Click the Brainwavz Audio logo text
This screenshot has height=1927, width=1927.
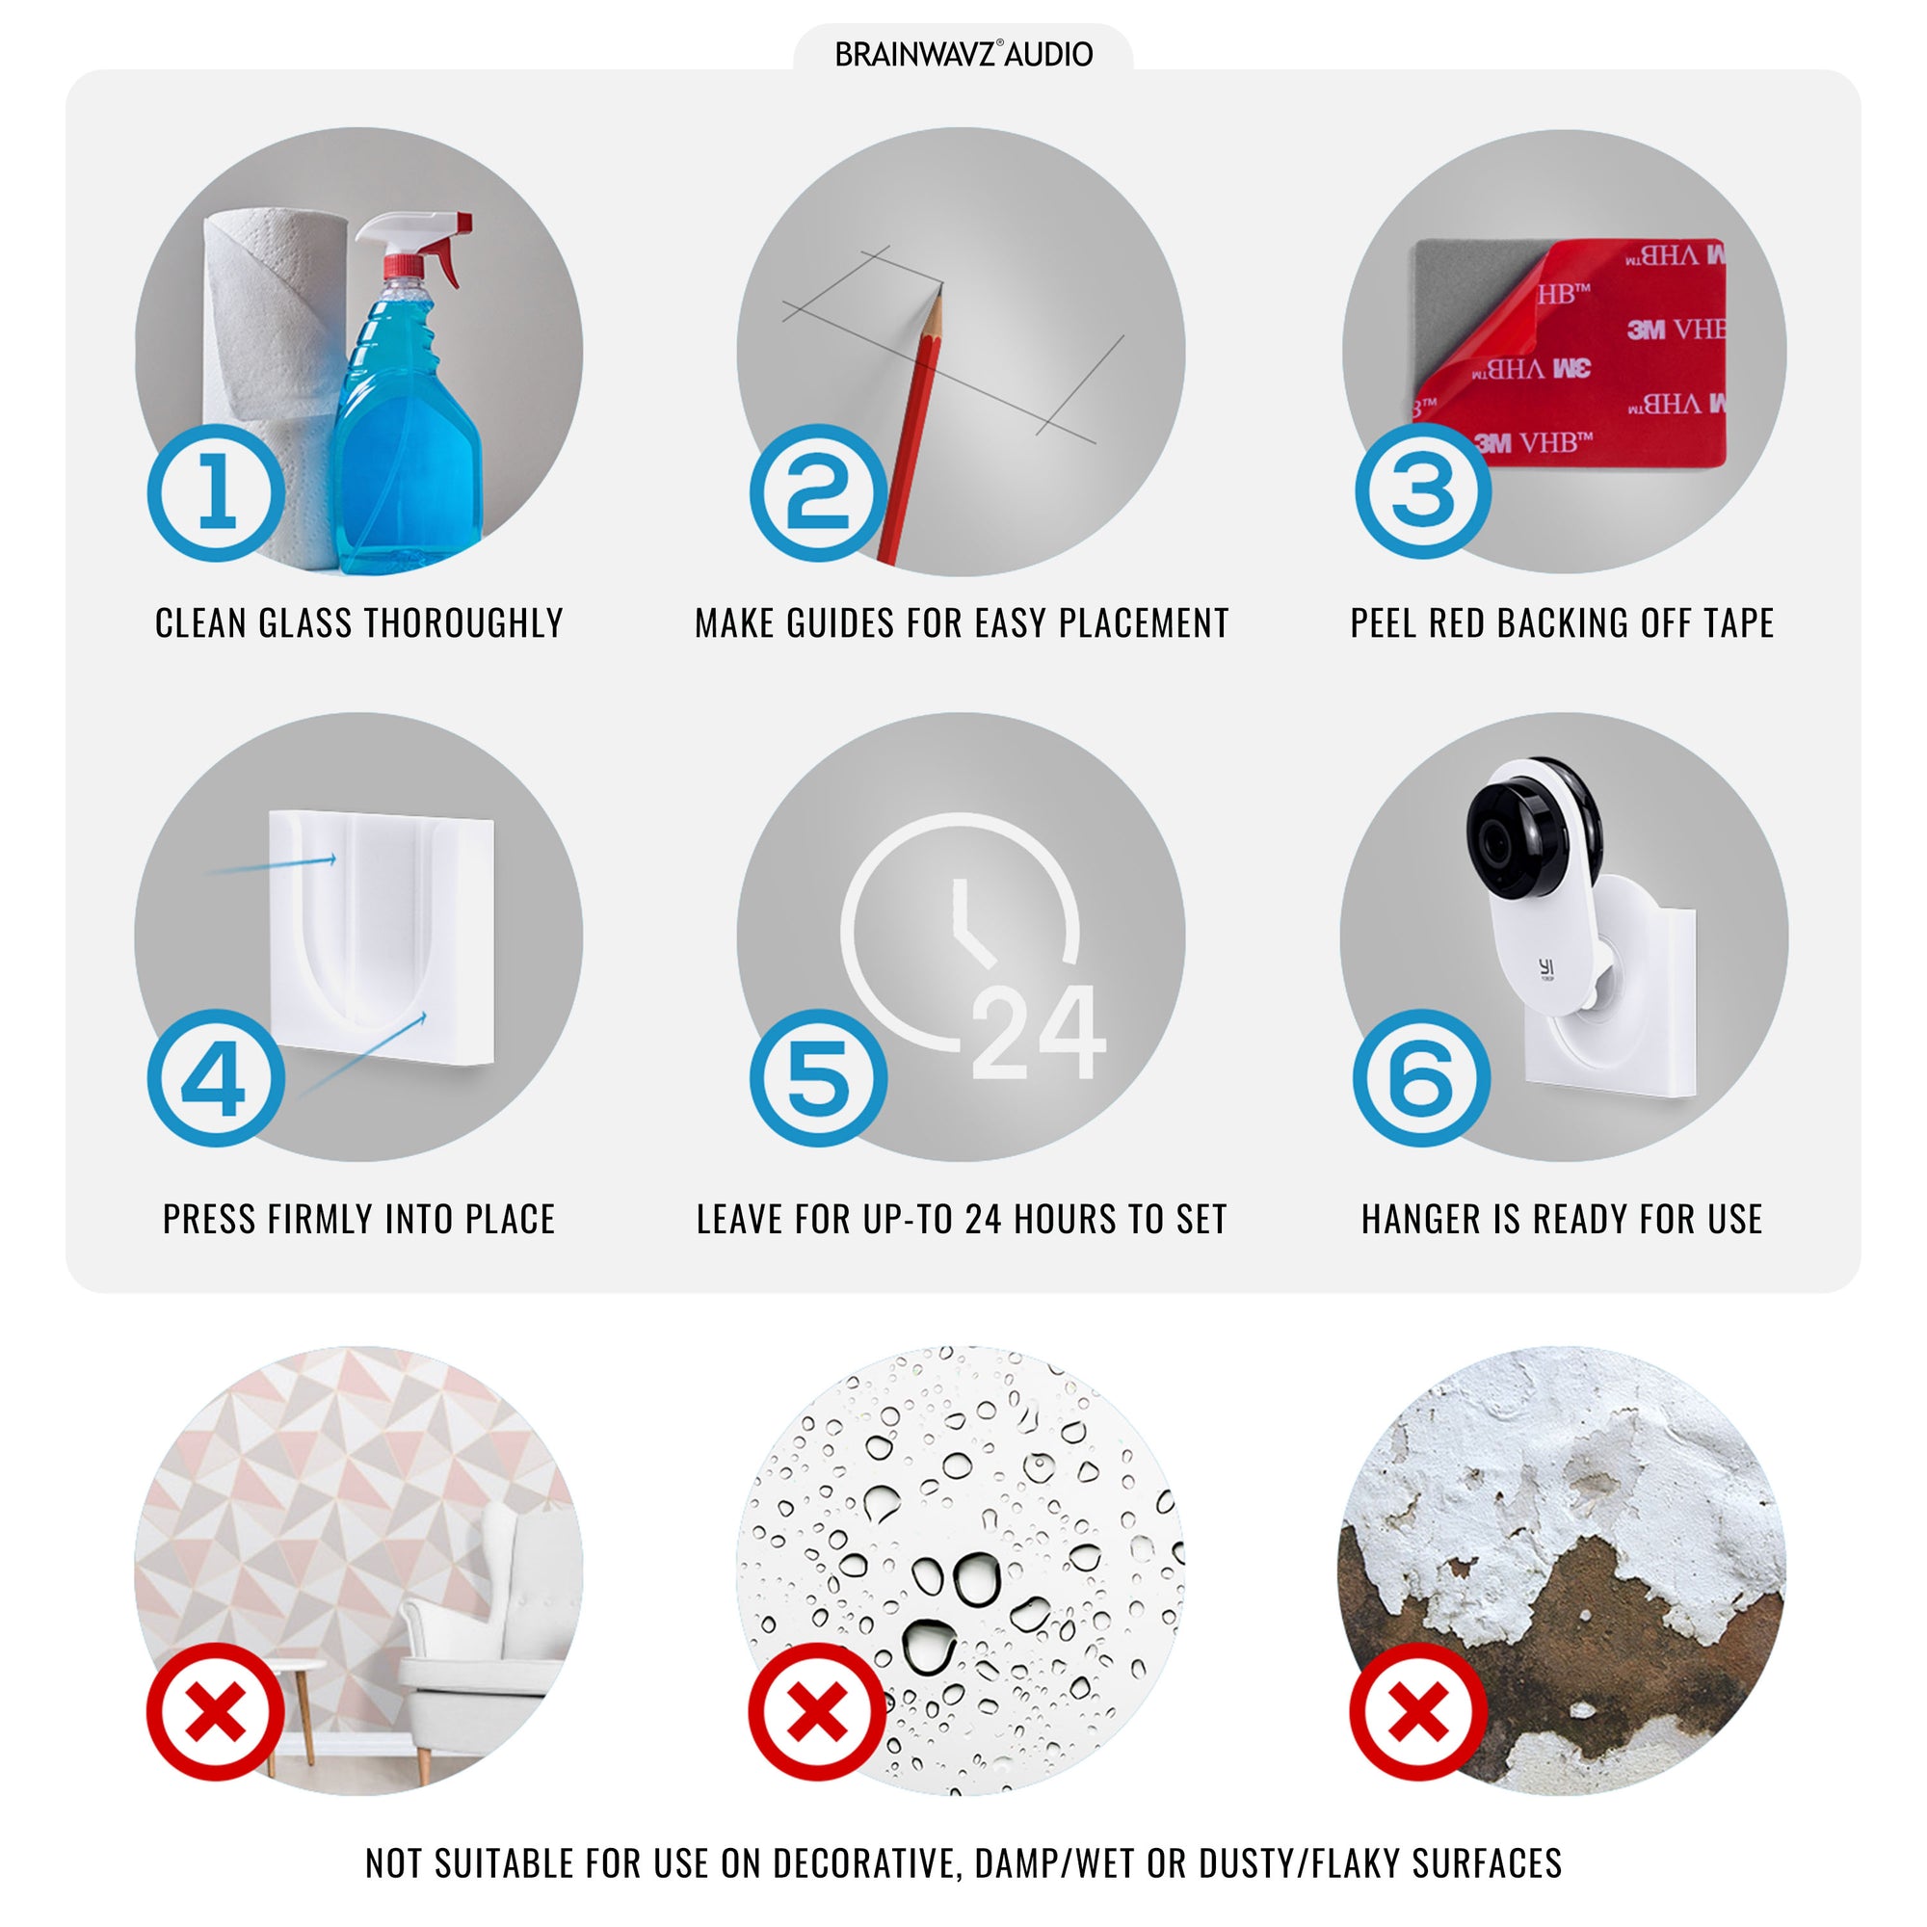pyautogui.click(x=963, y=54)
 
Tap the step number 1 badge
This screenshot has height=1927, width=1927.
pyautogui.click(x=217, y=492)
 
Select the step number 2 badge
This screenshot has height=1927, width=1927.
pyautogui.click(x=819, y=492)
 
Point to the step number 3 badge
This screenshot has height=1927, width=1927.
pyautogui.click(x=1423, y=489)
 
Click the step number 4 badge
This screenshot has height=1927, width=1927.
pyautogui.click(x=217, y=1078)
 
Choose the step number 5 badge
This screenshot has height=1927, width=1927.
pyautogui.click(x=819, y=1078)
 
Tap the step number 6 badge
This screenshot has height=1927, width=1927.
pyautogui.click(x=1422, y=1078)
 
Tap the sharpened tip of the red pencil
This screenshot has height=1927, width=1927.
pyautogui.click(x=940, y=287)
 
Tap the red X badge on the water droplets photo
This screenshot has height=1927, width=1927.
pyautogui.click(x=818, y=1711)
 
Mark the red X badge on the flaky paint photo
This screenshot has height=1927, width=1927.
pyautogui.click(x=1418, y=1711)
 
